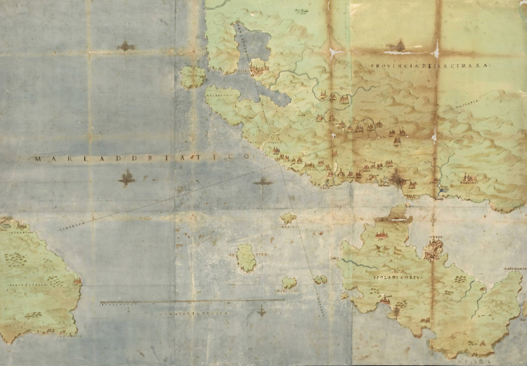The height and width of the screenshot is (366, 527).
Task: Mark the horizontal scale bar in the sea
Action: (x=191, y=302)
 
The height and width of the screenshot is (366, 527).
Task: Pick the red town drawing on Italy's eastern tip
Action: (x=76, y=283)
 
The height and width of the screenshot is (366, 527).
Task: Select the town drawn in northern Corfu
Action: (x=382, y=234)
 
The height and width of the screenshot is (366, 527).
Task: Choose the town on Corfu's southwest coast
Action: (x=384, y=301)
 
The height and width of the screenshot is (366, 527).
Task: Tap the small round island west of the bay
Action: (x=192, y=76)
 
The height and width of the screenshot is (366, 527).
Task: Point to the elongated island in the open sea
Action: (x=246, y=257)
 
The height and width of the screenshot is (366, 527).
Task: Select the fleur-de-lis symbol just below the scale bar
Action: (x=262, y=311)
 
